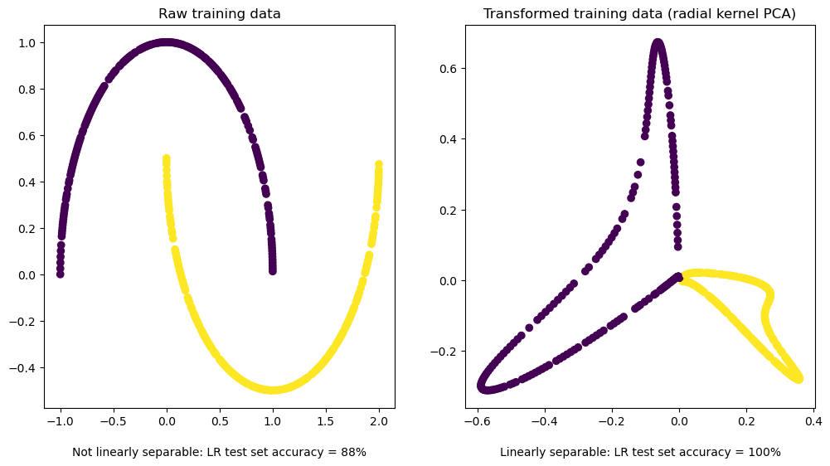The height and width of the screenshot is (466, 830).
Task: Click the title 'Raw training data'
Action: pyautogui.click(x=219, y=14)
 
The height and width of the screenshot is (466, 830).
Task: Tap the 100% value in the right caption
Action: pyautogui.click(x=766, y=453)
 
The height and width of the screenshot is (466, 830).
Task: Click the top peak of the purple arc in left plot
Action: pyautogui.click(x=167, y=42)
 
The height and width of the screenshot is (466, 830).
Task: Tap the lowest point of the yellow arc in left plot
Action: pyautogui.click(x=273, y=390)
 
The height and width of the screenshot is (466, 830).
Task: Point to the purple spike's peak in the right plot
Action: pyautogui.click(x=658, y=42)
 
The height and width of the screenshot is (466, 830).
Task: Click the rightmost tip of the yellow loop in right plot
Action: pyautogui.click(x=798, y=378)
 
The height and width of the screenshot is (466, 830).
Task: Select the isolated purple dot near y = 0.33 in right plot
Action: pyautogui.click(x=640, y=163)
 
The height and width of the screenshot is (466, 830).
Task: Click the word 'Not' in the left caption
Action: pyautogui.click(x=81, y=453)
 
